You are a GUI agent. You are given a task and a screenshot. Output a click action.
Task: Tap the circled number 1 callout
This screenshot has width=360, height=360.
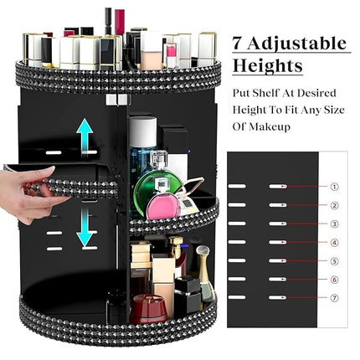click(334, 187)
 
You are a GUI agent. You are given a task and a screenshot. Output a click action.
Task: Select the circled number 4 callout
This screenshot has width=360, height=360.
click(334, 243)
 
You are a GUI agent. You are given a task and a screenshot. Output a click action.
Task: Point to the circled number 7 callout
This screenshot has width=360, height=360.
click(334, 299)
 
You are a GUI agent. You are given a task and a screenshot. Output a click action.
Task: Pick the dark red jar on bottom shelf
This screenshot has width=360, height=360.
click(149, 311)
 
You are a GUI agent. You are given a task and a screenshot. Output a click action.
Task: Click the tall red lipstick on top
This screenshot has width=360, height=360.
click(120, 25)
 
